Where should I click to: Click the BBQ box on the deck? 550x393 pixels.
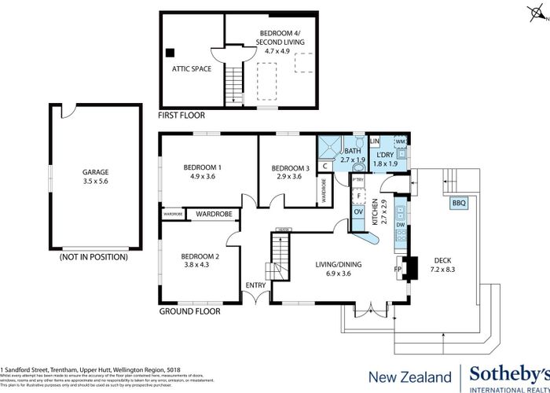(459, 203)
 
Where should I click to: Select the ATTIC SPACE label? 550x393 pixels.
(192, 68)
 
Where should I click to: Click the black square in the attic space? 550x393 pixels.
(170, 53)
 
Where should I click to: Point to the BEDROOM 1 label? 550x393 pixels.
(202, 167)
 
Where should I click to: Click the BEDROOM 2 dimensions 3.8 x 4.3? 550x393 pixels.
(200, 265)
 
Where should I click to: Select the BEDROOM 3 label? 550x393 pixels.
(291, 167)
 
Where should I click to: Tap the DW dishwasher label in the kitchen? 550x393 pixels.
(401, 226)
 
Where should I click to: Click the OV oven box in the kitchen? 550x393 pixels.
(357, 211)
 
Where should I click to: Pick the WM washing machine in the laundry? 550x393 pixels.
(400, 141)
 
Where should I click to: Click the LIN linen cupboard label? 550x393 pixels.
(375, 141)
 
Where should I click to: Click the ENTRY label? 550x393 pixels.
(255, 285)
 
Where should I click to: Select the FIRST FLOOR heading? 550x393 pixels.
(181, 116)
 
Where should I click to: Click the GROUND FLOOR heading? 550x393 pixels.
(189, 311)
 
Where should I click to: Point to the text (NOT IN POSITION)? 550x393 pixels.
(94, 257)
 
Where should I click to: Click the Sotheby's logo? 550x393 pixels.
(508, 376)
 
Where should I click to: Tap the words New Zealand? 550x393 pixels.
(410, 376)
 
